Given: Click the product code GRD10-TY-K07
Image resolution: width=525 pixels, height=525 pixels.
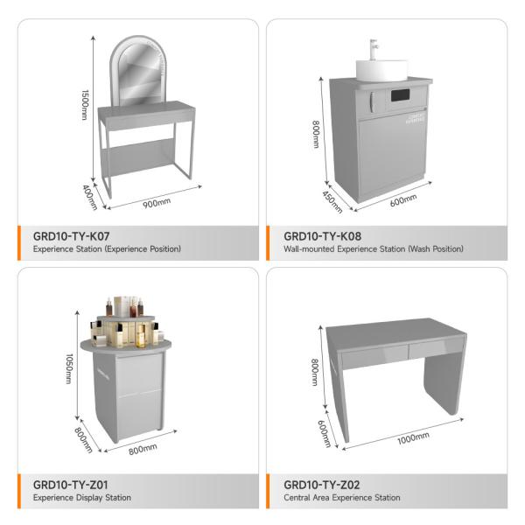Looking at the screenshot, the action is click(72, 236).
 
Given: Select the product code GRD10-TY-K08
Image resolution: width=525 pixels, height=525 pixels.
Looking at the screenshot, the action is click(322, 236).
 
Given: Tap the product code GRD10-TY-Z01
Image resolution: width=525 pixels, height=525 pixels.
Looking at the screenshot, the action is click(70, 485).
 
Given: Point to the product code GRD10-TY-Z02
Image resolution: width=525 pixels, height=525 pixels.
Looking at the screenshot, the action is click(322, 485).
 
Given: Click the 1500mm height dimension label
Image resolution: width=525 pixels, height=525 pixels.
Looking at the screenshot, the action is click(85, 105).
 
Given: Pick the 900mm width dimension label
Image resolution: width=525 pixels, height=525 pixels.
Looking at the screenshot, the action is click(157, 203).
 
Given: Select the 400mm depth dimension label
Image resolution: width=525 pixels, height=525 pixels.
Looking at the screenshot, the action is click(90, 197).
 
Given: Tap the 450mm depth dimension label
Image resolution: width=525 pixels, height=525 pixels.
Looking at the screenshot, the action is click(332, 202).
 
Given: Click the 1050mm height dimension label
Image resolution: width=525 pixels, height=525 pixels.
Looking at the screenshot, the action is click(69, 368).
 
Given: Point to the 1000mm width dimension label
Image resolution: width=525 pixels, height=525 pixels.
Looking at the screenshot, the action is click(413, 438).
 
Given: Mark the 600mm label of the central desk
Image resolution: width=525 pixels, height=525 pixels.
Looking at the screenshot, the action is click(324, 434).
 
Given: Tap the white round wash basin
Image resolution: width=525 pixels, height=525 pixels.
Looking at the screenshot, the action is click(381, 70).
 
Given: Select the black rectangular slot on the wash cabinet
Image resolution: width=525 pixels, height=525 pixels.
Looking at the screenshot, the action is click(401, 95).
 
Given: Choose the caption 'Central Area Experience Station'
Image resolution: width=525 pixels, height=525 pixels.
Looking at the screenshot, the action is click(342, 498).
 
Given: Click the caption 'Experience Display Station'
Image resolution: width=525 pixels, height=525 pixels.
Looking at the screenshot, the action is click(82, 498).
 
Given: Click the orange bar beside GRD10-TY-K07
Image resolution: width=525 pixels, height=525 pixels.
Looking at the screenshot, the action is click(19, 243).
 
